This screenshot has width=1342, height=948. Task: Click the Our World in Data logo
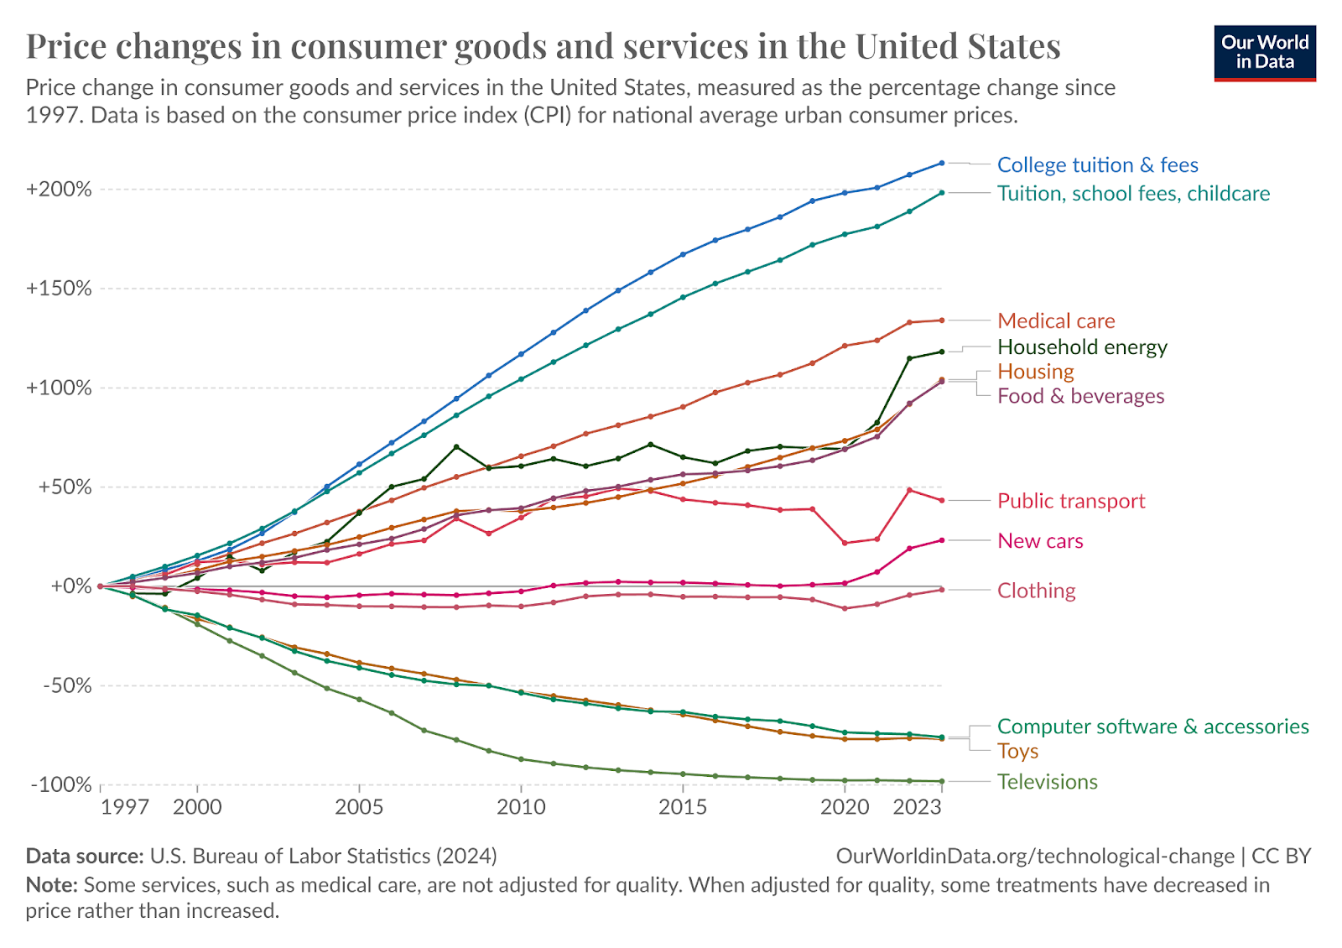click(x=1265, y=53)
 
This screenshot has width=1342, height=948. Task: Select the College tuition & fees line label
click(x=1097, y=165)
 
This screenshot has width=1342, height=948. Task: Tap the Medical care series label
click(x=1056, y=321)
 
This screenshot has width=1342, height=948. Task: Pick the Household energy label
click(x=1082, y=347)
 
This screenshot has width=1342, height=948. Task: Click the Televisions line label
click(x=1047, y=782)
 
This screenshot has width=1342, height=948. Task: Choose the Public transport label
click(x=1070, y=501)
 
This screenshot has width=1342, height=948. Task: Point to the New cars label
click(x=1040, y=541)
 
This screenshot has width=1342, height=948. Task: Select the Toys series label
click(x=1017, y=752)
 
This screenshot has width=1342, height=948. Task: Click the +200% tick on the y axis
click(x=59, y=190)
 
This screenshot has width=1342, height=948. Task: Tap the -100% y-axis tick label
click(x=60, y=785)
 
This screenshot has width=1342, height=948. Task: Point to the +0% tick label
click(x=70, y=586)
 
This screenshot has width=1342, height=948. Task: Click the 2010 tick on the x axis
click(x=521, y=807)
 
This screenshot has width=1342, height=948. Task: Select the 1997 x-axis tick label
click(x=124, y=807)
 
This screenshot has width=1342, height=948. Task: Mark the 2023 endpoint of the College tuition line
click(x=942, y=163)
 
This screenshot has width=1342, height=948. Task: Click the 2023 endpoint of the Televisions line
click(x=942, y=781)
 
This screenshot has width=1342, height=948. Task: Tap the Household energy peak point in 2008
click(x=456, y=446)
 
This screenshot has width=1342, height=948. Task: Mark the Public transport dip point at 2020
click(x=845, y=544)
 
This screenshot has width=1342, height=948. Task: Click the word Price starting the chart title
click(x=66, y=46)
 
